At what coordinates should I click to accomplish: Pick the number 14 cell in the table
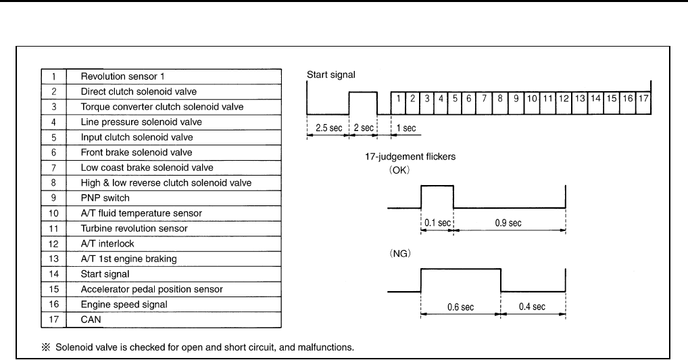[x=54, y=274]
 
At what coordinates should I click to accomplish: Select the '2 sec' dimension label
[x=362, y=127]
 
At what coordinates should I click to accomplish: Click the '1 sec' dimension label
[x=404, y=127]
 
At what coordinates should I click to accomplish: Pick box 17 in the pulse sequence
[x=643, y=99]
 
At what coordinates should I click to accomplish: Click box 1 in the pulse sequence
[x=399, y=99]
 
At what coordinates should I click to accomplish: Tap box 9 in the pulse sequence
[x=515, y=99]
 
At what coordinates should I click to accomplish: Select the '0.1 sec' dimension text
[x=437, y=222]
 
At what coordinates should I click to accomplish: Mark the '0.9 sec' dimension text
[x=510, y=222]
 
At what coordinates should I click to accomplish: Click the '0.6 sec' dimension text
[x=461, y=307]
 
